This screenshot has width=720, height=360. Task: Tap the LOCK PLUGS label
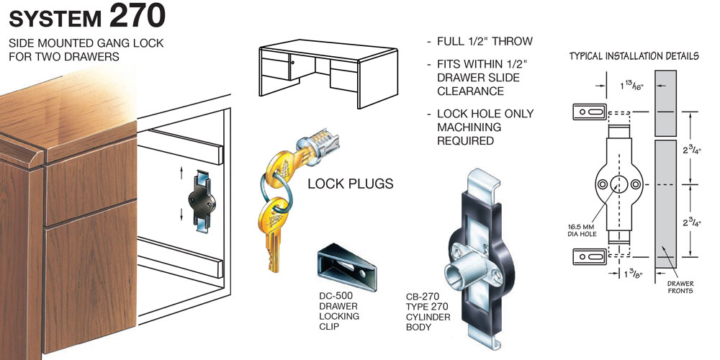click(x=350, y=184)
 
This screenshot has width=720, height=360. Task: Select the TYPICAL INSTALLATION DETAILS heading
click(x=634, y=55)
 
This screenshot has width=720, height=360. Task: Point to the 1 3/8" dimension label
click(x=631, y=274)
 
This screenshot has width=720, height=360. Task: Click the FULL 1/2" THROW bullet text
click(x=484, y=41)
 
